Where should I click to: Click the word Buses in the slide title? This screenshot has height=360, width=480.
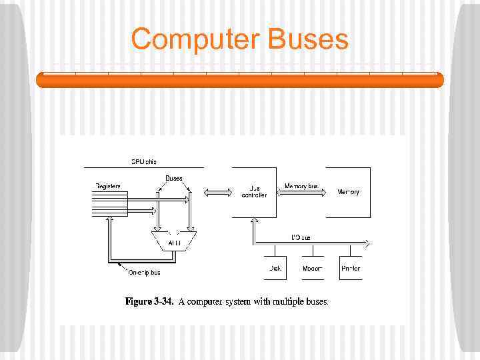coord(308,39)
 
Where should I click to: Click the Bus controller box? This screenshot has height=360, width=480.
coord(253,192)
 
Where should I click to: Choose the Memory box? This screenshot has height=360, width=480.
coord(348,192)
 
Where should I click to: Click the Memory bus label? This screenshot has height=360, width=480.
coord(301,186)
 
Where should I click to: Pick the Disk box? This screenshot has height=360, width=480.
coord(275,268)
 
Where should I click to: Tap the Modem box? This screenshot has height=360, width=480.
coord(312,268)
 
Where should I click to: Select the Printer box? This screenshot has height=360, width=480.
coord(351,268)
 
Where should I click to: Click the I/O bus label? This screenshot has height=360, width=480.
coord(301,237)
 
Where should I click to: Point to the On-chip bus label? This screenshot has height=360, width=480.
coord(144,272)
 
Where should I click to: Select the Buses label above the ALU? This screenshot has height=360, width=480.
coord(174,178)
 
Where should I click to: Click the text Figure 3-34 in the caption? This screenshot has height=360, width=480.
coord(149,302)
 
